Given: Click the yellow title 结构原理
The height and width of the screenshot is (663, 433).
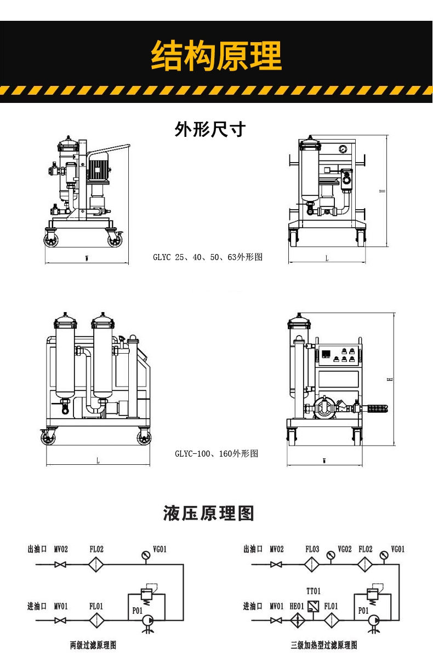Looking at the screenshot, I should (216, 55).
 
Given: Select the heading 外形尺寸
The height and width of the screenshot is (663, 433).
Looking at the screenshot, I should (210, 130).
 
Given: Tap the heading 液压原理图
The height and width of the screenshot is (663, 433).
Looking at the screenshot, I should (209, 514).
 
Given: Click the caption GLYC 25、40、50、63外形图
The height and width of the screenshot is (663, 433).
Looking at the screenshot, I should (208, 257).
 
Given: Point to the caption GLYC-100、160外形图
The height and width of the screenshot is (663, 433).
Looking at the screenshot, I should (216, 453).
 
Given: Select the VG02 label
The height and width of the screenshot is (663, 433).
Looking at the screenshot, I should (344, 549).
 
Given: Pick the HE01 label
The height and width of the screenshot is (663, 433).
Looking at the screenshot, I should (297, 606).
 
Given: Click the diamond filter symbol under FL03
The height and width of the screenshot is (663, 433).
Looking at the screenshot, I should (312, 564).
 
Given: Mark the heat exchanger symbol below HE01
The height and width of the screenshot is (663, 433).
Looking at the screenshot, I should (297, 620).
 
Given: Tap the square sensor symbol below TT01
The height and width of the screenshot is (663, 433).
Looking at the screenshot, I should (314, 606).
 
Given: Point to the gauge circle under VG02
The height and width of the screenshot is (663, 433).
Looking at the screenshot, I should (331, 555).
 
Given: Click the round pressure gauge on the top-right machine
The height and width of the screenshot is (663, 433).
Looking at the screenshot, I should (343, 148).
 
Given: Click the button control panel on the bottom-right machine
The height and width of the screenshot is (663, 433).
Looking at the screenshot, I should (339, 355).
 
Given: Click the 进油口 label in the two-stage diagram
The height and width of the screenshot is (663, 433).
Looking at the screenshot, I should (38, 606).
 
